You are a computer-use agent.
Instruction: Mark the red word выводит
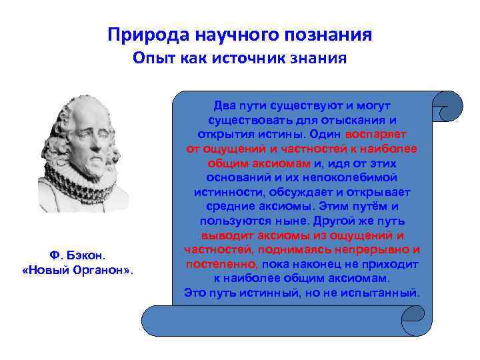click(223, 235)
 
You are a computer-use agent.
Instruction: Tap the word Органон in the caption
click(102, 271)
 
